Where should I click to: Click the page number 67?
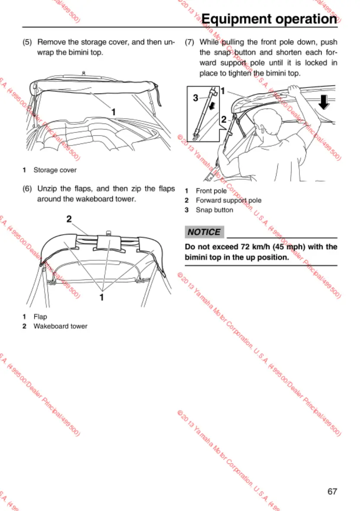[332, 491]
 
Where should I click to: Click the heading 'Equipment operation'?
[269, 19]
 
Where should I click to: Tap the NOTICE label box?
[204, 232]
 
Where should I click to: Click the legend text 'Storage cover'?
[55, 170]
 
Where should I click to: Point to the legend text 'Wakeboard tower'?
[61, 326]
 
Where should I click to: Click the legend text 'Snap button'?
[215, 210]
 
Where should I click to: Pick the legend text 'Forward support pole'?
[228, 201]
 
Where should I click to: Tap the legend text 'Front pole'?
[211, 191]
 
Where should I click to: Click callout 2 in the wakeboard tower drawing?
[69, 219]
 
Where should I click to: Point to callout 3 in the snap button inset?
[195, 98]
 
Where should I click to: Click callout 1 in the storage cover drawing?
[113, 112]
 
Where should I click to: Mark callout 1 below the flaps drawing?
[102, 297]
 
